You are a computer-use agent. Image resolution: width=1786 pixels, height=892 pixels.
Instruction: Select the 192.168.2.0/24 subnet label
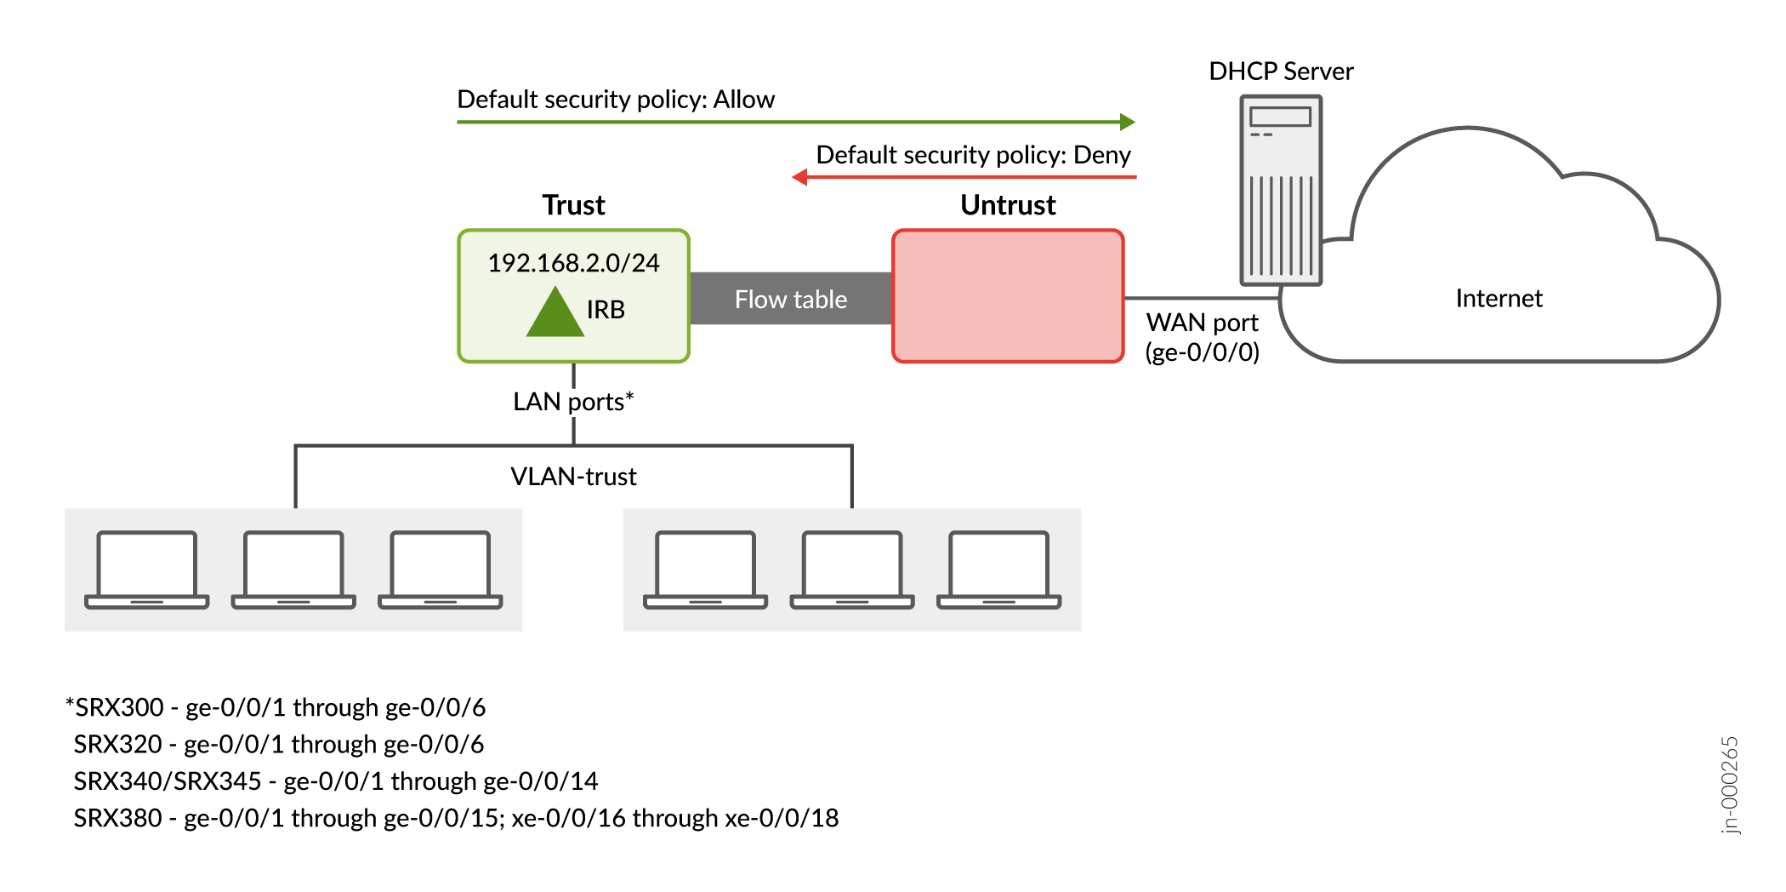pyautogui.click(x=573, y=263)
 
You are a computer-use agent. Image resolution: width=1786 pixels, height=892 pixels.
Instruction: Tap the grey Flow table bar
pyautogui.click(x=790, y=299)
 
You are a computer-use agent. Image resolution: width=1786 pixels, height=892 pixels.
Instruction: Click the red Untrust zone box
pyautogui.click(x=1008, y=296)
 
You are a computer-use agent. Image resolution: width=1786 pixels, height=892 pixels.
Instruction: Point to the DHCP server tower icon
pyautogui.click(x=1281, y=190)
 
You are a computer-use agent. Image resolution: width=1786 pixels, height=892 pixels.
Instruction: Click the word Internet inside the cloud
pyautogui.click(x=1499, y=299)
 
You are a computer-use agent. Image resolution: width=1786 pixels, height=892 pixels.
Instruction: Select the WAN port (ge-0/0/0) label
pyautogui.click(x=1202, y=337)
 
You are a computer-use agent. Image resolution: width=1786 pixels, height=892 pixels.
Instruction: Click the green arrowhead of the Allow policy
pyautogui.click(x=1127, y=122)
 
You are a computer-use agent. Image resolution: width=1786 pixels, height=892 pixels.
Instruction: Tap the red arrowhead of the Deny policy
pyautogui.click(x=800, y=177)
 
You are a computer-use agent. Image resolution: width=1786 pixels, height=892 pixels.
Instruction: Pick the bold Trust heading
pyautogui.click(x=573, y=205)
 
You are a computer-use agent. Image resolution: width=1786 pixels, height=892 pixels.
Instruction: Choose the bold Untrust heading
pyautogui.click(x=1008, y=205)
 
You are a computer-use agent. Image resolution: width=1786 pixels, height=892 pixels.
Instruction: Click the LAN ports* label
pyautogui.click(x=573, y=401)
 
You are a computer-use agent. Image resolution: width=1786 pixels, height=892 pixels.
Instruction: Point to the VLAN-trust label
pyautogui.click(x=573, y=477)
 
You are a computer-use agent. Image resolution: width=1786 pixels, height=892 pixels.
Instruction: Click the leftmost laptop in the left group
pyautogui.click(x=147, y=569)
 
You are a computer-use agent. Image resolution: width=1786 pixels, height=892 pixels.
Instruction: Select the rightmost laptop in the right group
pyautogui.click(x=998, y=569)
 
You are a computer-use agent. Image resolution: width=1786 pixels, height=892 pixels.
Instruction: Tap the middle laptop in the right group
pyautogui.click(x=852, y=569)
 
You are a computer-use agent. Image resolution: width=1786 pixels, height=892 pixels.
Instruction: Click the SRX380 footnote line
pyautogui.click(x=456, y=818)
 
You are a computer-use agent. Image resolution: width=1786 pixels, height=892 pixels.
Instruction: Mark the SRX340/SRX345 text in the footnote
pyautogui.click(x=168, y=781)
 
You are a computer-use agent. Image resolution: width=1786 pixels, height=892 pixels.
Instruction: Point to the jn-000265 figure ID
pyautogui.click(x=1730, y=784)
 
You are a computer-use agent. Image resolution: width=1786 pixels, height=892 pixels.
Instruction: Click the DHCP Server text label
pyautogui.click(x=1281, y=71)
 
